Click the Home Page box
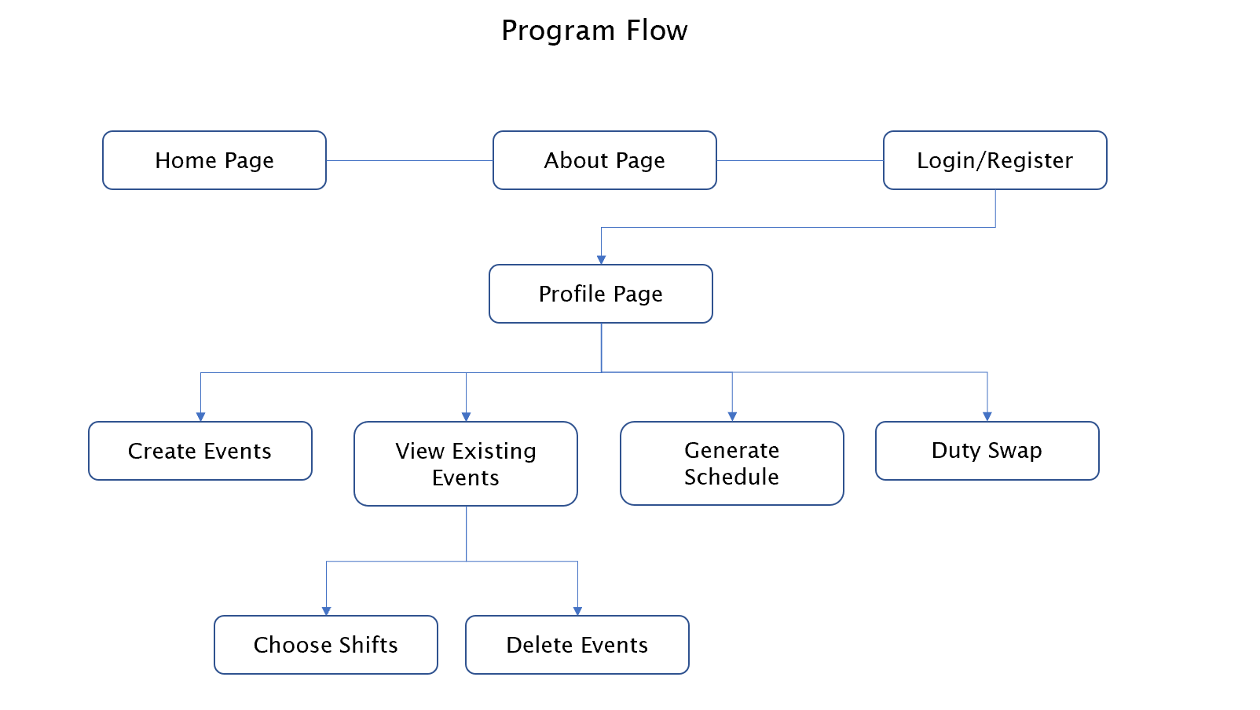[x=214, y=160]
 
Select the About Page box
[x=604, y=160]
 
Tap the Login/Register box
[x=994, y=160]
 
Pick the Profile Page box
[x=600, y=294]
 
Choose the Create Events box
[x=200, y=451]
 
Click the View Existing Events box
[x=465, y=463]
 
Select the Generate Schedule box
[x=731, y=463]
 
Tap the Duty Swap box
[x=987, y=451]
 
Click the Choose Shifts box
[x=325, y=645]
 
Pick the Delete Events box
[x=577, y=645]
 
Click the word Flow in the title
[x=657, y=31]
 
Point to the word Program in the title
[x=558, y=31]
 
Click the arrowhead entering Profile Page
[x=601, y=260]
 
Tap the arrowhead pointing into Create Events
[x=200, y=417]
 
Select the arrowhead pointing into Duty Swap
[x=987, y=417]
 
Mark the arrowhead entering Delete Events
[x=577, y=611]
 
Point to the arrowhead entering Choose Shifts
[x=326, y=611]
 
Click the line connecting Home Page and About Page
[x=409, y=160]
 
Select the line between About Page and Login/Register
[x=800, y=160]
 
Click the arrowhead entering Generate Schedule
[x=732, y=417]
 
